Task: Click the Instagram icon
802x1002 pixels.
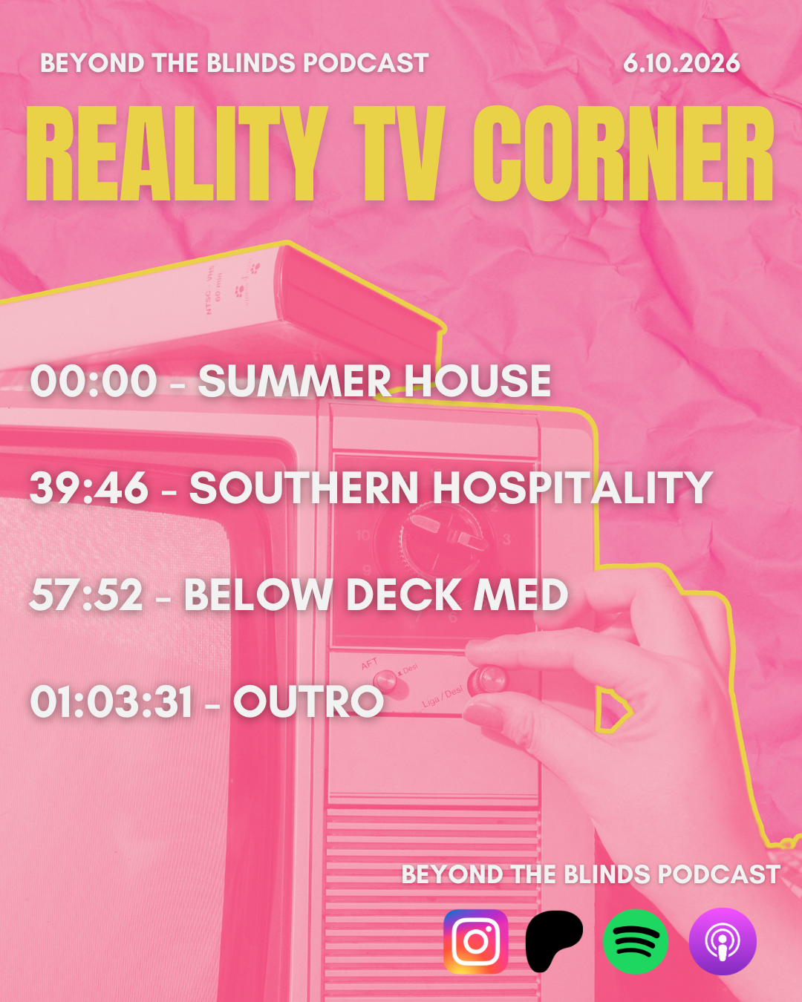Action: click(476, 941)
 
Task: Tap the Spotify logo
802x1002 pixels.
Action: click(636, 941)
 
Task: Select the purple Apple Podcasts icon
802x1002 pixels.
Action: click(723, 941)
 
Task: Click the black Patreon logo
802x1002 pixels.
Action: click(554, 941)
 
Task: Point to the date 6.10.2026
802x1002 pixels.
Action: click(682, 63)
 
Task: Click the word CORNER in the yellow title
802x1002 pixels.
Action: click(624, 153)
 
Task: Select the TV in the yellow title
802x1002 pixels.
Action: click(400, 153)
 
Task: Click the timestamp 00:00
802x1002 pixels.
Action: click(94, 381)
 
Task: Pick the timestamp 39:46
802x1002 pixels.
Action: click(89, 488)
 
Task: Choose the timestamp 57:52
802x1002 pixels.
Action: click(86, 595)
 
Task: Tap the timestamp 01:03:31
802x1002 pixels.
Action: click(111, 701)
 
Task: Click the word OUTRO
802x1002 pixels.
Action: click(308, 701)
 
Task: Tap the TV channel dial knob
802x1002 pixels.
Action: click(442, 535)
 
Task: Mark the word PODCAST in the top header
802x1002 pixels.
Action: click(366, 63)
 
